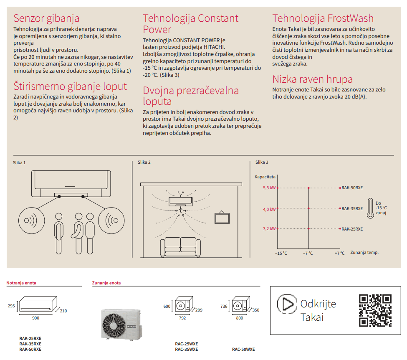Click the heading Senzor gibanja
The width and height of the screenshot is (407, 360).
click(x=46, y=18)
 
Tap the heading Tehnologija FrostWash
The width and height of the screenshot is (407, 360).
click(x=323, y=18)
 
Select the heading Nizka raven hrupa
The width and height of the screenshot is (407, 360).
click(x=312, y=79)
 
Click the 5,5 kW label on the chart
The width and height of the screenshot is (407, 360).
click(x=269, y=188)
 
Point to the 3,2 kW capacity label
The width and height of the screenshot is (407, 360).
click(x=269, y=229)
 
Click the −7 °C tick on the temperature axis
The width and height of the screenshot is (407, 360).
click(x=308, y=253)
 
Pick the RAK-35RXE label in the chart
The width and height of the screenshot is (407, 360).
click(x=352, y=208)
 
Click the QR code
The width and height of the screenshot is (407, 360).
click(x=375, y=310)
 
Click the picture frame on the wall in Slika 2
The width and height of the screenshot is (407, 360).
click(x=222, y=218)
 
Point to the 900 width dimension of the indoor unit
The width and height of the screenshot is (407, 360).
click(x=35, y=318)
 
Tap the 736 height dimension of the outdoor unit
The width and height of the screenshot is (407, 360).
click(x=224, y=307)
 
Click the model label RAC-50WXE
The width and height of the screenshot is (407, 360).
click(x=243, y=350)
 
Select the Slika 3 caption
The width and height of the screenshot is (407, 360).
click(x=262, y=162)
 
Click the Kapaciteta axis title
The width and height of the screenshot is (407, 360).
click(x=265, y=177)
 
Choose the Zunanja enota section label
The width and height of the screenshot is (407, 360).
click(x=106, y=283)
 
